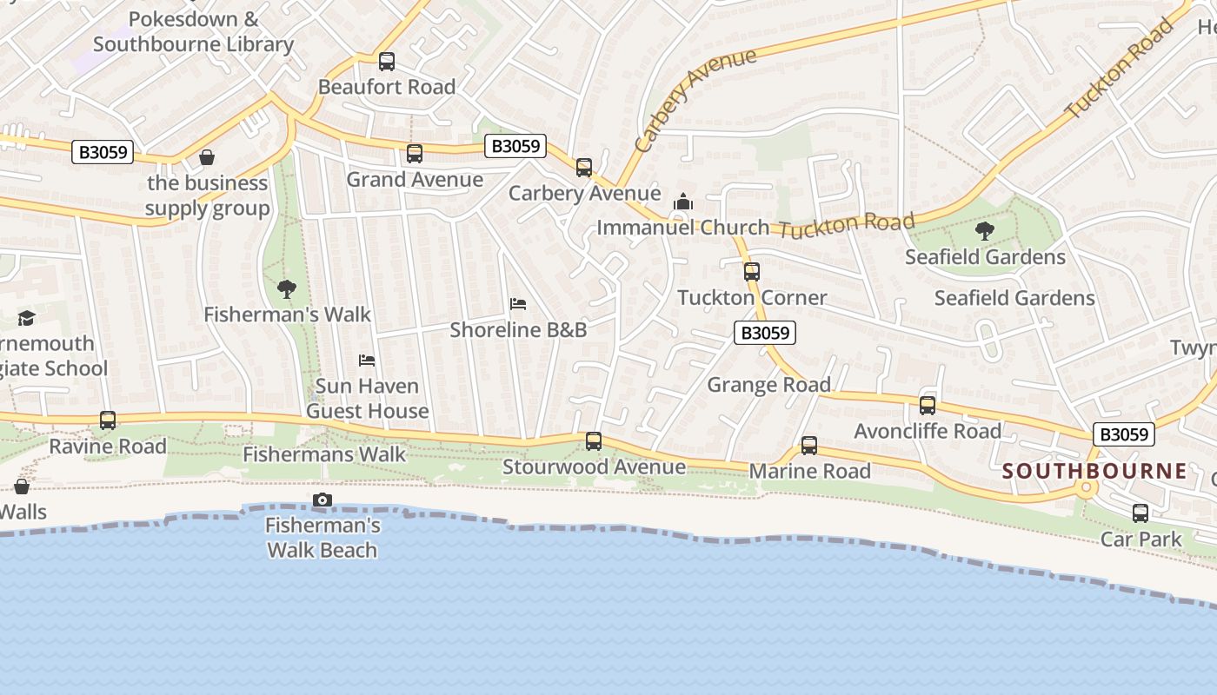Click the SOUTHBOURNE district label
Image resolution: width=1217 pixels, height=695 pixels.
click(1094, 472)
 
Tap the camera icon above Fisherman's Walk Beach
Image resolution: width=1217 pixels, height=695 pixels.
click(323, 500)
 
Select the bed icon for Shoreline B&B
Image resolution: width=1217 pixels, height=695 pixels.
click(518, 304)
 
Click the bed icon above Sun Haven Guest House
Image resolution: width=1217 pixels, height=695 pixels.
click(367, 360)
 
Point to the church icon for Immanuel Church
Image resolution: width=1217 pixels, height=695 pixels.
click(683, 202)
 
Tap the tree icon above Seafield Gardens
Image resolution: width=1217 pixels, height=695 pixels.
click(985, 231)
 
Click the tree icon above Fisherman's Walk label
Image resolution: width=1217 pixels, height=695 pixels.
click(286, 289)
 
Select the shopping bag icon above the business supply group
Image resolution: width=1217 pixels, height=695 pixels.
click(207, 157)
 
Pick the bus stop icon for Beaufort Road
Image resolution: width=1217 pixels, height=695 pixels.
click(387, 62)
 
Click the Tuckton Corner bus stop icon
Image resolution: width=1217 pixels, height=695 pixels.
click(752, 272)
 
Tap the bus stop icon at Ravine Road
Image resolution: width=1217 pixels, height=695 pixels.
click(108, 420)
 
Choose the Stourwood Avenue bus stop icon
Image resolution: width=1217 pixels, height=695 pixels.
click(594, 441)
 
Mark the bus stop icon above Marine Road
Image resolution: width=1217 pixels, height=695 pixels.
click(809, 446)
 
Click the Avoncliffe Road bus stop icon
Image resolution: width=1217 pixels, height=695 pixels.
click(928, 406)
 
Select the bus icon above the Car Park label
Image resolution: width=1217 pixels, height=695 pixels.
click(1141, 513)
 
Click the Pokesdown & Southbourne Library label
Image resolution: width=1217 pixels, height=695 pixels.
click(193, 32)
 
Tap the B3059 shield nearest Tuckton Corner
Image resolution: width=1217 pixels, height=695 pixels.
click(765, 333)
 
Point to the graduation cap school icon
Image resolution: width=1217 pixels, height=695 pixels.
click(26, 318)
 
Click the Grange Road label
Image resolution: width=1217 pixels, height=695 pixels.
click(768, 385)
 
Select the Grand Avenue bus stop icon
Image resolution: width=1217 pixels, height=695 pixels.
click(415, 154)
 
